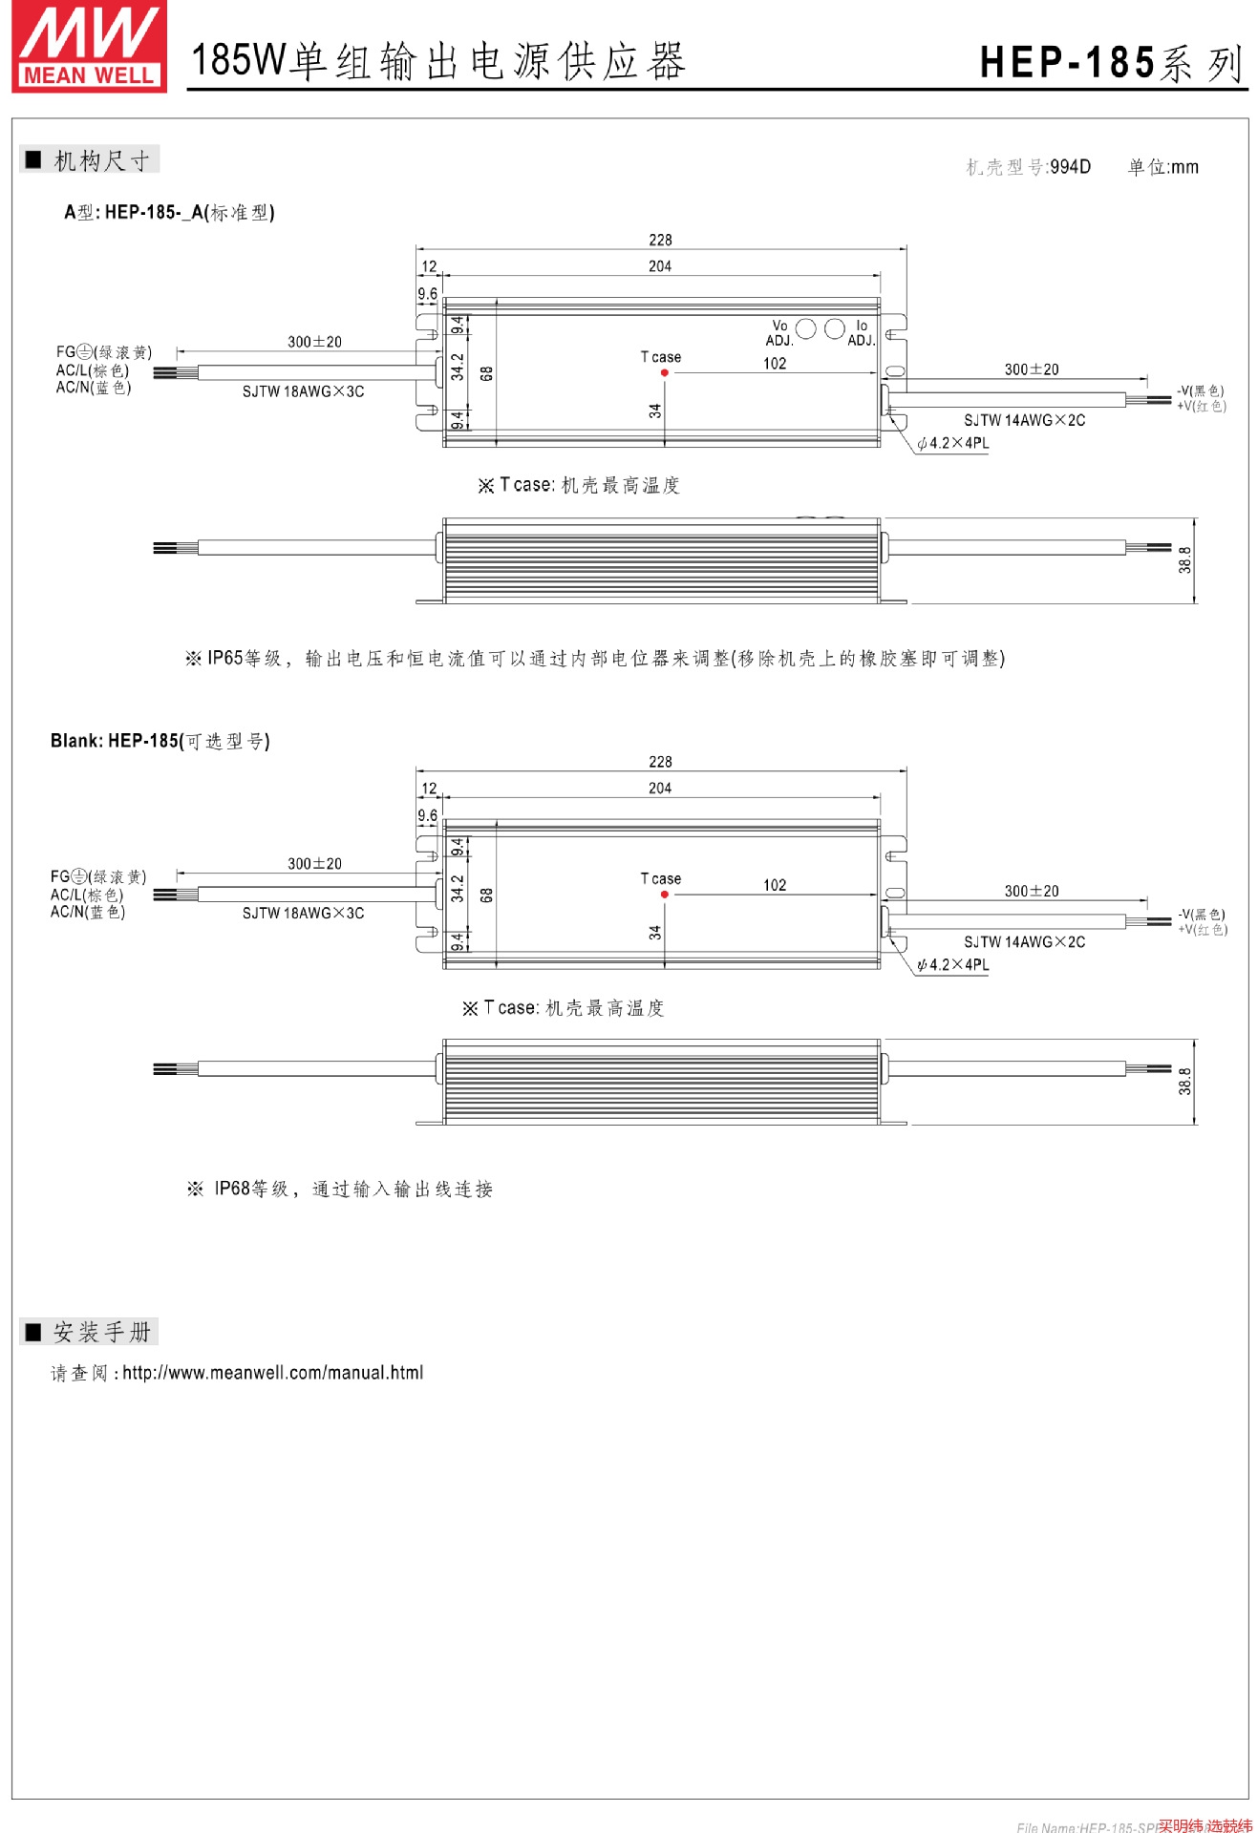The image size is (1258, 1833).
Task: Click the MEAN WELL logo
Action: (90, 48)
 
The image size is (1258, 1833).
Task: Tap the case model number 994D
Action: (1070, 167)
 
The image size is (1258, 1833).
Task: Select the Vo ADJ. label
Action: (779, 333)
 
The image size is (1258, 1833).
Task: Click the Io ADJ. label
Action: (862, 333)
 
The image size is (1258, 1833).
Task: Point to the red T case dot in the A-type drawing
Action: (665, 372)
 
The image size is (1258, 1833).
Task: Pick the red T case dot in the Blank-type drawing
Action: (665, 895)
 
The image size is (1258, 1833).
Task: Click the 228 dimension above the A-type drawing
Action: (660, 240)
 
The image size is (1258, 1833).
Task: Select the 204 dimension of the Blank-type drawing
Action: (660, 789)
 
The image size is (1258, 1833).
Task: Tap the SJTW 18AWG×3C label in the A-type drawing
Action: (303, 391)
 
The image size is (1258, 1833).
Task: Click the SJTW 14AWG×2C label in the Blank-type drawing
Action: (1024, 942)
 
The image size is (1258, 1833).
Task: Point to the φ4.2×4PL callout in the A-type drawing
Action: (952, 443)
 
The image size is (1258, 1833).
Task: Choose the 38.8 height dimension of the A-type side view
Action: (1184, 560)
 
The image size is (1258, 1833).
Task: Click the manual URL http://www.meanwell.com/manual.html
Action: (272, 1373)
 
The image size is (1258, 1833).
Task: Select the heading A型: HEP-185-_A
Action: (169, 212)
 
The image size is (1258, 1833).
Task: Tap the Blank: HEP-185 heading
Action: (160, 741)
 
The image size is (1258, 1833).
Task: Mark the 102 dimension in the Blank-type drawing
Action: (775, 885)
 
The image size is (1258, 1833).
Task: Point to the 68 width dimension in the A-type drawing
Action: (486, 373)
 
